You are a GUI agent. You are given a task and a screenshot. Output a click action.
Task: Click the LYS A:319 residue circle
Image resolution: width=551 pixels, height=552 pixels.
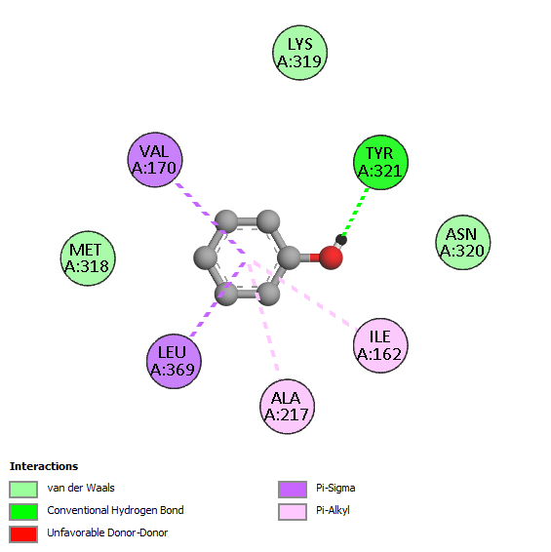coord(300,53)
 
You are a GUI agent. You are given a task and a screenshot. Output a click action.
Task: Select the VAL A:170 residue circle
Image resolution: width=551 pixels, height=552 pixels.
coord(155,160)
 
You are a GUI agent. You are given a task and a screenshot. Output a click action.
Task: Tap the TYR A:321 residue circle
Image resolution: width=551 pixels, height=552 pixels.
coord(380,162)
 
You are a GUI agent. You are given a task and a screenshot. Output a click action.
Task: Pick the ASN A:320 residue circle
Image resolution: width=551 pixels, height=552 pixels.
coord(463,242)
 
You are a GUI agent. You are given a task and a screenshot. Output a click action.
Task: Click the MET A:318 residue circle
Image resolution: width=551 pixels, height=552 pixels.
coord(88,258)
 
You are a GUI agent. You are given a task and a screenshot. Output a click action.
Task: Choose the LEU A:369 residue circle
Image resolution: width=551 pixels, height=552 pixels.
coord(174,361)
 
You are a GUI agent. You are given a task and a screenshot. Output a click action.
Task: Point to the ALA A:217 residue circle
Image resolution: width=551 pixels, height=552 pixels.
coord(287,407)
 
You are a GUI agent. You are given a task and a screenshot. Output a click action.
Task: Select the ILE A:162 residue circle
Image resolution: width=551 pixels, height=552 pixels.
coord(380,345)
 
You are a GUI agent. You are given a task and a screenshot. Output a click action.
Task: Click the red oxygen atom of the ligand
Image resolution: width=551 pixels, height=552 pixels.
coord(331,257)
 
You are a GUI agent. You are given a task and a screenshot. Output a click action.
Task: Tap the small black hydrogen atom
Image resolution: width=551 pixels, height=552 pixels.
coord(341,240)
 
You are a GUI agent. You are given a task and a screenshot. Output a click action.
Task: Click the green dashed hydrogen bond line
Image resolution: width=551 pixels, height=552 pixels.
coord(356,212)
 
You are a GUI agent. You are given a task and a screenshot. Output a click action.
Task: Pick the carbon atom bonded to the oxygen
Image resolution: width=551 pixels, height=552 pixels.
coord(289,257)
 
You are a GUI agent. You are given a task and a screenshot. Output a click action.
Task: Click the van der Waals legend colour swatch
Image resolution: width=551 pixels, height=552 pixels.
coord(23,490)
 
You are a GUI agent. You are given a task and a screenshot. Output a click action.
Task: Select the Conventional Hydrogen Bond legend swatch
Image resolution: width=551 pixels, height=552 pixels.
coord(23,512)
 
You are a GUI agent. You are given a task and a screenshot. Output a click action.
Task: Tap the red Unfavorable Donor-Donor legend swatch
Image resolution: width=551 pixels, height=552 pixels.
coord(23,534)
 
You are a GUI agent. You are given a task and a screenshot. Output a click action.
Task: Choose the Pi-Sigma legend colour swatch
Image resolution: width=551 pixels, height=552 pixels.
coord(293,490)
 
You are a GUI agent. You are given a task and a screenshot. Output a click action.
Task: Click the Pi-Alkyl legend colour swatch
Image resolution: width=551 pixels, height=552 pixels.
coord(293,512)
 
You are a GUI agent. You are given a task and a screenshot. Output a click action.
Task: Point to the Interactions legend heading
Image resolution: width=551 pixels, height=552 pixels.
coord(44,466)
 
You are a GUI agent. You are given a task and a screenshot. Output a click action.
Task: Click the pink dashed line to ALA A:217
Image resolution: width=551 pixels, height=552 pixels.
coord(263,317)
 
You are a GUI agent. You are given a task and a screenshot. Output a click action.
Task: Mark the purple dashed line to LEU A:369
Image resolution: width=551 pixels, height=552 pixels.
coord(218,299)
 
